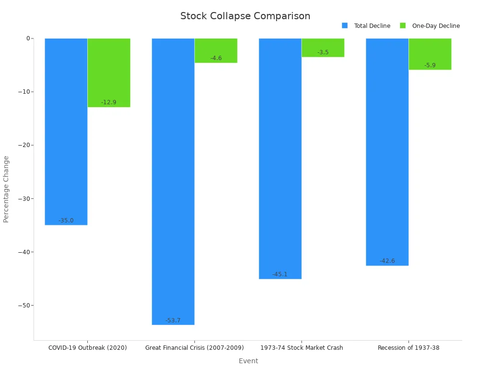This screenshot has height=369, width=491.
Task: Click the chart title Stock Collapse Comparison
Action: coord(245,16)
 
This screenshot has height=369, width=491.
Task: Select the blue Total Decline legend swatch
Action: coord(345,25)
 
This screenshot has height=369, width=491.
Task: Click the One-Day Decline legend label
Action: coord(435,26)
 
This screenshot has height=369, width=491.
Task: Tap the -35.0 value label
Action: coord(66,221)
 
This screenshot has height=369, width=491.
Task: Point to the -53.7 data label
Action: coord(173,320)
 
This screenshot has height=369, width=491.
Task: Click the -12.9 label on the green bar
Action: coord(108,102)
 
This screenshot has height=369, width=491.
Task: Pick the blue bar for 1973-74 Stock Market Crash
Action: coord(280,159)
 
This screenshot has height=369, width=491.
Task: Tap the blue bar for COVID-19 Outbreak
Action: coord(66,130)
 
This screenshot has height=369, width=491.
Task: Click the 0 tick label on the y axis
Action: coord(28,38)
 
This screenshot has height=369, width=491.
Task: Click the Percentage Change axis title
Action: coord(6,189)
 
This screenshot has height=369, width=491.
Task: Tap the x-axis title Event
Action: coord(248,361)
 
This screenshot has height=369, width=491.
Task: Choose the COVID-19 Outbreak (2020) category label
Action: coord(88,347)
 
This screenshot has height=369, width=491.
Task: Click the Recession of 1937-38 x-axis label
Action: coord(409,347)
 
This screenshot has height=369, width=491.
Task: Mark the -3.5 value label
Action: coord(323,52)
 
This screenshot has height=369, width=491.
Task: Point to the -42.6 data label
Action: coord(387,261)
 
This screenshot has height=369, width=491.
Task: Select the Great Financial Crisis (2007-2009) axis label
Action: coord(195,347)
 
